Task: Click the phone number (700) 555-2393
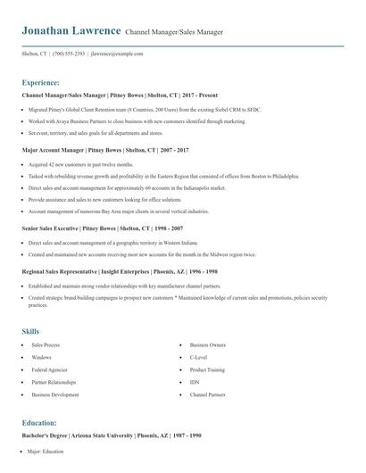pos(70,54)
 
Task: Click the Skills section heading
pos(30,331)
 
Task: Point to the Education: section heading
pos(39,423)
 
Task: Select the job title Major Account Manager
pos(53,151)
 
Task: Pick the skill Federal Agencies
pos(48,369)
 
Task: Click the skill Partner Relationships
pos(54,381)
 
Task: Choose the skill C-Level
pos(199,356)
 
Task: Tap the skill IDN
pos(195,381)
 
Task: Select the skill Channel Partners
pos(207,394)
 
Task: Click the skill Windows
pos(41,356)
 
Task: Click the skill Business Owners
pos(207,344)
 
